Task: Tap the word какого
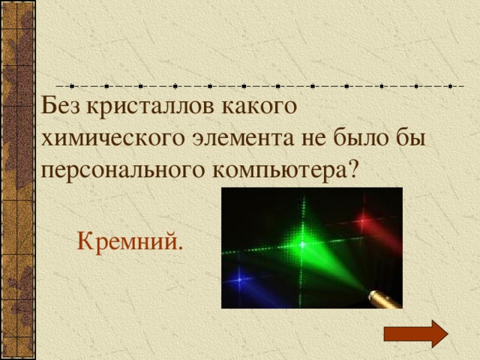[x=256, y=106]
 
